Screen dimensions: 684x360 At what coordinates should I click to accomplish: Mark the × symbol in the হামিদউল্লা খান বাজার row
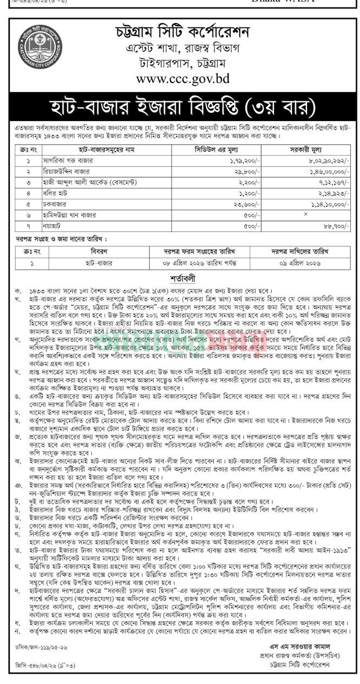point(306,214)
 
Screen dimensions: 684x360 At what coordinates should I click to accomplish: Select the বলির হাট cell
point(54,193)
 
